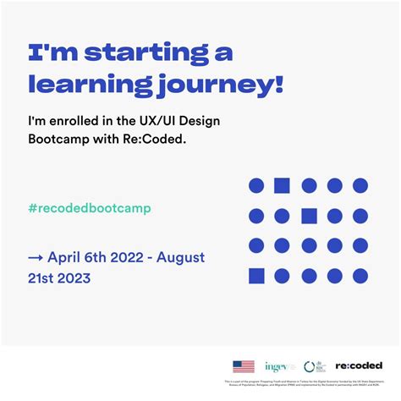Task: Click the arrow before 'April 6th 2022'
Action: click(x=36, y=257)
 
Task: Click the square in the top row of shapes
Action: click(x=283, y=185)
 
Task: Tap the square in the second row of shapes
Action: click(x=309, y=216)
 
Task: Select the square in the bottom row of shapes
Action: click(x=256, y=276)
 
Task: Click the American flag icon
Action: click(x=244, y=366)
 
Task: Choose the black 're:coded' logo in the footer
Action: click(x=358, y=366)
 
